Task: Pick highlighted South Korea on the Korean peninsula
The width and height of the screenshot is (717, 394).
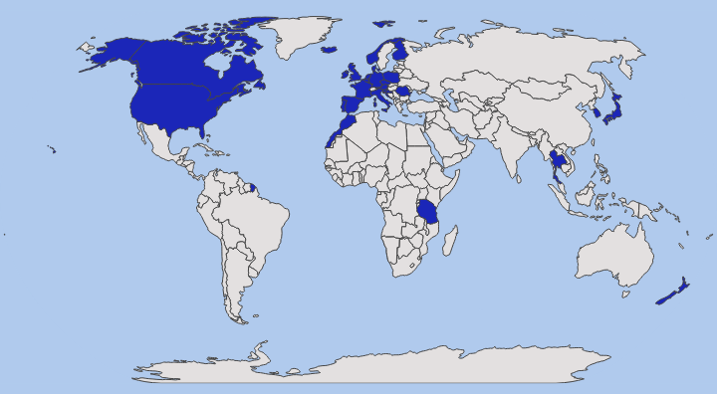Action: pyautogui.click(x=597, y=112)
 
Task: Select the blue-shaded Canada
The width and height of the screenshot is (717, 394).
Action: pyautogui.click(x=189, y=65)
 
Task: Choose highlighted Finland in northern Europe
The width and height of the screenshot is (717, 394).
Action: pyautogui.click(x=401, y=52)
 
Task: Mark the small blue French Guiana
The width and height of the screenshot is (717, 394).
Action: pyautogui.click(x=251, y=185)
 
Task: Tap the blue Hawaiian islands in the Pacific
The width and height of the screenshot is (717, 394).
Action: pyautogui.click(x=52, y=150)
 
